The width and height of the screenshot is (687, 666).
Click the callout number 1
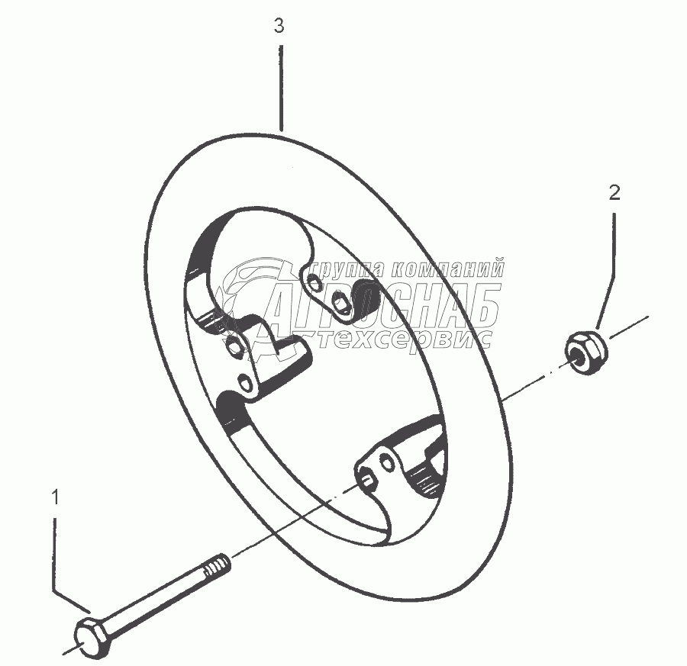tap(54, 498)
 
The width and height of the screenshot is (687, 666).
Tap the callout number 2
tap(614, 193)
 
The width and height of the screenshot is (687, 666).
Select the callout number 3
tap(279, 26)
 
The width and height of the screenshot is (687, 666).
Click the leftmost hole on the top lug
tap(314, 287)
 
